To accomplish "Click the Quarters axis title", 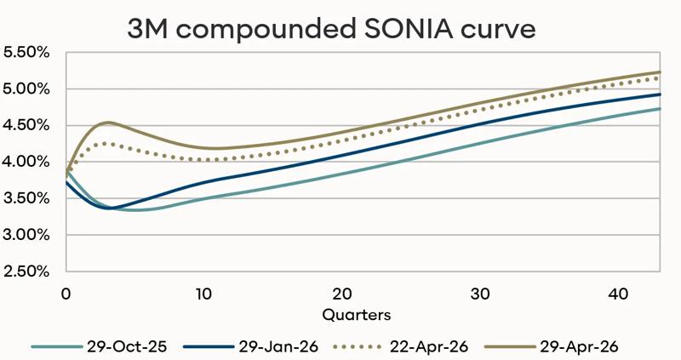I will tap(357, 314).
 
